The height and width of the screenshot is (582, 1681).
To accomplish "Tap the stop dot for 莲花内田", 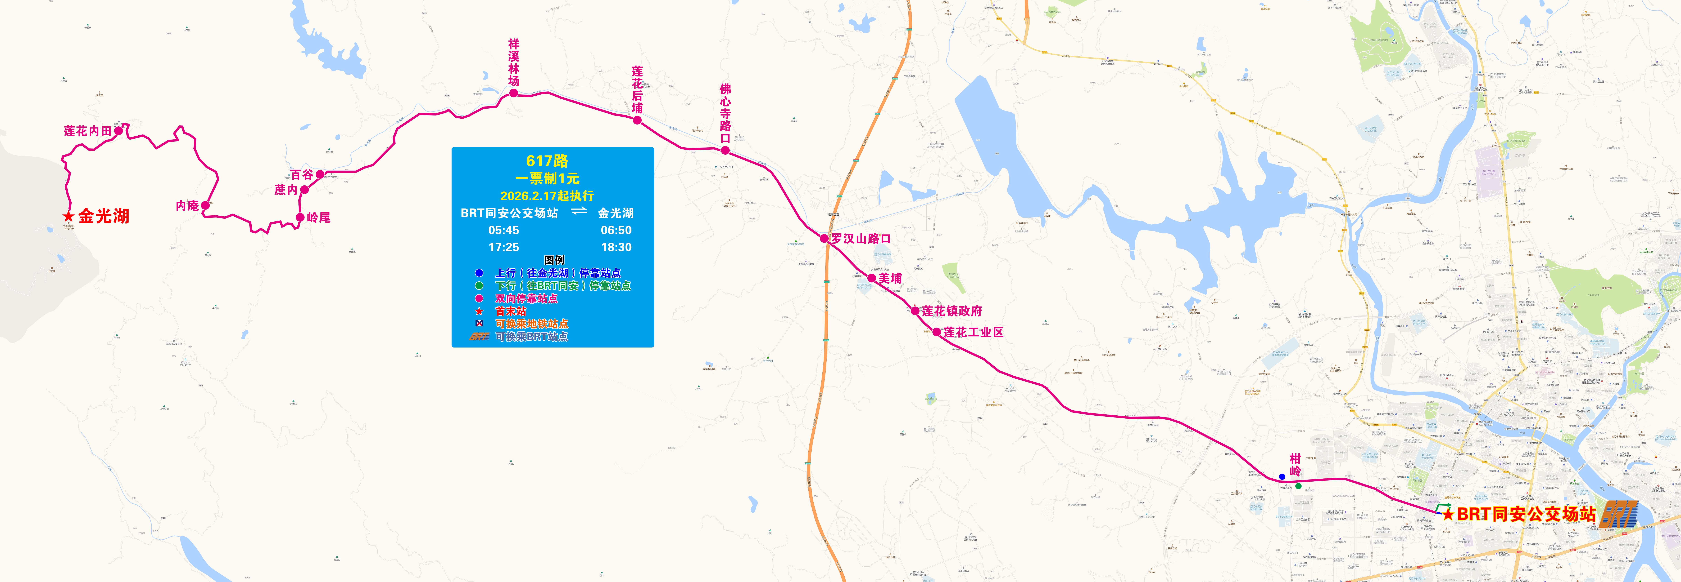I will [118, 131].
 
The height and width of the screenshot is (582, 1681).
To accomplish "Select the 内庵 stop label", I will [187, 206].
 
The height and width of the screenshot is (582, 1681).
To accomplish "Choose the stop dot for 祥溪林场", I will [514, 93].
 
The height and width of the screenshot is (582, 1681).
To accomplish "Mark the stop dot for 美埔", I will [872, 278].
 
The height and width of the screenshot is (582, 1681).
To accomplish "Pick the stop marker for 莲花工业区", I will [937, 332].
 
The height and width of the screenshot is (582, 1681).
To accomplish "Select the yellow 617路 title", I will [547, 161].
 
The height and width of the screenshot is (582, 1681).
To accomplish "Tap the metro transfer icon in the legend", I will [479, 323].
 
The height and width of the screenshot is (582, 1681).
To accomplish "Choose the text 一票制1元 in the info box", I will [547, 178].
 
